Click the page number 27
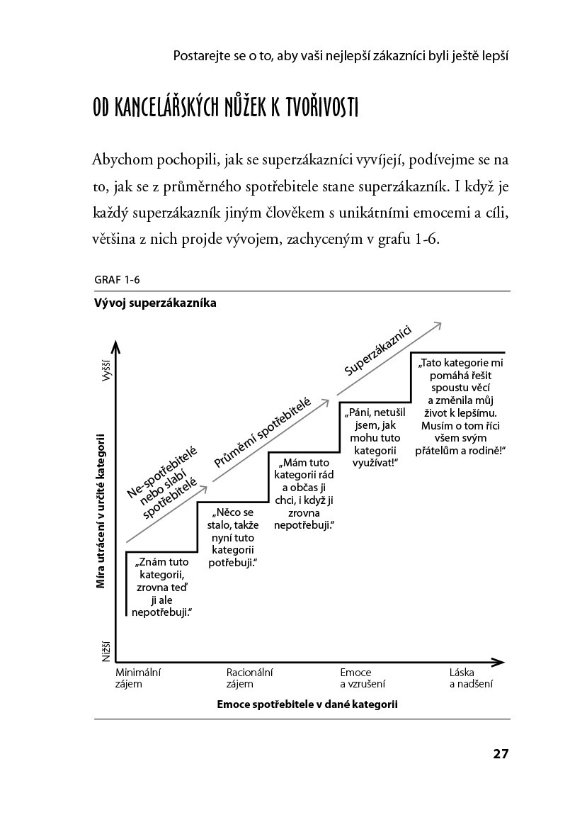[x=501, y=753]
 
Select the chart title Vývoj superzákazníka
[x=154, y=303]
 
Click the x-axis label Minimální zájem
[x=138, y=678]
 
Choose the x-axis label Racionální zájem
[x=249, y=678]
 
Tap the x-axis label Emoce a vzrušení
[x=363, y=678]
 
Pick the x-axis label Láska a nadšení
[x=471, y=678]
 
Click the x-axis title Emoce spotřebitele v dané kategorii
[x=307, y=704]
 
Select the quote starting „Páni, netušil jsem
[x=375, y=437]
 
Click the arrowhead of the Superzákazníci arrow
[x=438, y=325]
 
